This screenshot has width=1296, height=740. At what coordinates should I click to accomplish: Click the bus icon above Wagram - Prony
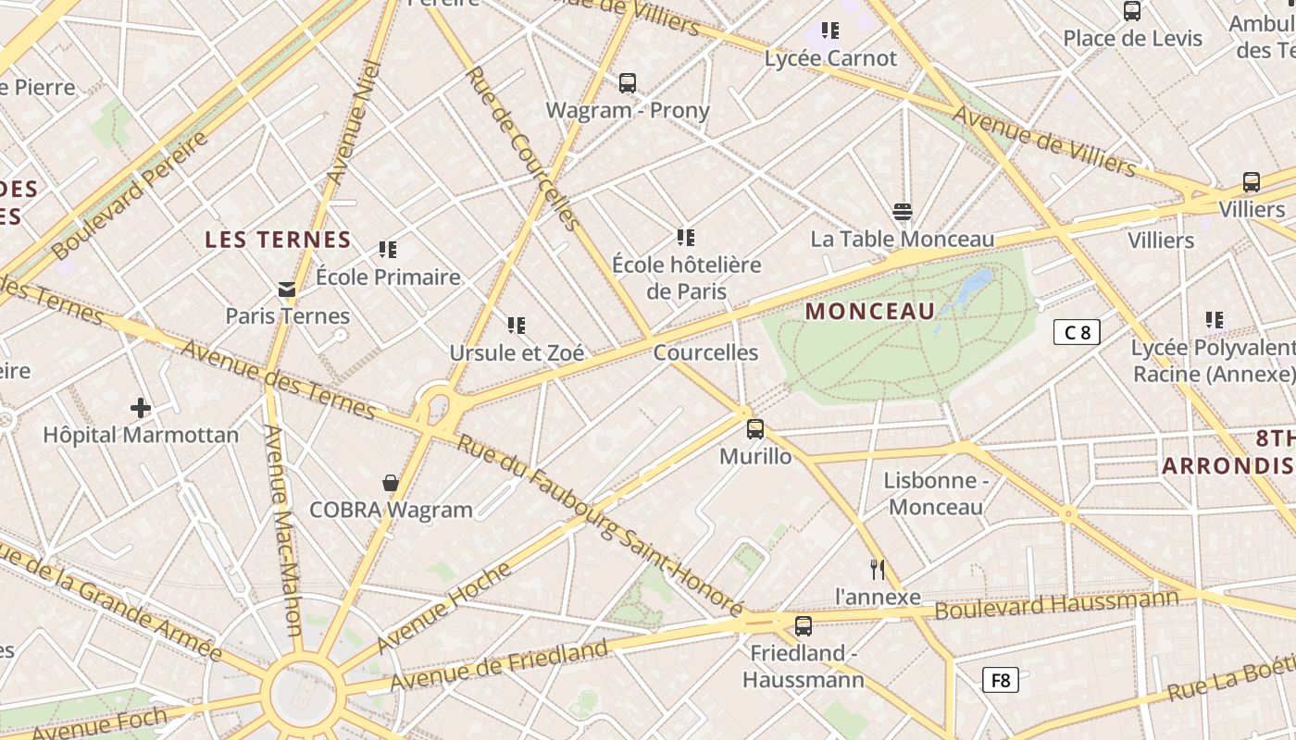[x=628, y=83]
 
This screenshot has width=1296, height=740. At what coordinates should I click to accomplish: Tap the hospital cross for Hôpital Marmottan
[x=141, y=407]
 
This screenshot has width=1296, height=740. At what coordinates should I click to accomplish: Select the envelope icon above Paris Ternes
[x=287, y=290]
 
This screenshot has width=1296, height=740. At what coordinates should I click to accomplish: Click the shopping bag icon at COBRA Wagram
[x=391, y=483]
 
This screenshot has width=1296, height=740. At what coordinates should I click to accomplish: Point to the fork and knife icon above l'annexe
[x=878, y=570]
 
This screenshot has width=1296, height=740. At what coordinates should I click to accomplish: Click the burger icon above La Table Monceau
[x=903, y=212]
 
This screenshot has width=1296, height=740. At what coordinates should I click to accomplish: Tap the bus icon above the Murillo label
[x=755, y=429]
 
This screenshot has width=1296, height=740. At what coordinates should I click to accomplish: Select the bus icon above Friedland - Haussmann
[x=804, y=626]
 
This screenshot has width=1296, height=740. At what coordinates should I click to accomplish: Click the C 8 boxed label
[x=1077, y=332]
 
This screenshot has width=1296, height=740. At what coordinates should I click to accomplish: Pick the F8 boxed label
[x=1001, y=681]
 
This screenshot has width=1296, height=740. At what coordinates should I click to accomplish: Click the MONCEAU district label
[x=870, y=312]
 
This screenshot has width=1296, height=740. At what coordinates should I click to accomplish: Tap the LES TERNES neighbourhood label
[x=278, y=240]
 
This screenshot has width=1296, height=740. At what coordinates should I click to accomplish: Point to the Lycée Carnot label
[x=830, y=58]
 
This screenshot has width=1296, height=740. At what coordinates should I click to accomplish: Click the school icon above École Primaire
[x=388, y=250]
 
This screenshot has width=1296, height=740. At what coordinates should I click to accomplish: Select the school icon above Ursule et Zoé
[x=517, y=326]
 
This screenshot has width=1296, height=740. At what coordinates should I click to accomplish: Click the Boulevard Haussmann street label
[x=1056, y=604]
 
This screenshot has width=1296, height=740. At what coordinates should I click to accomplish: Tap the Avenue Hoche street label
[x=444, y=606]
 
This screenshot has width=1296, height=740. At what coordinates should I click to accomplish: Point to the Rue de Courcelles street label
[x=522, y=148]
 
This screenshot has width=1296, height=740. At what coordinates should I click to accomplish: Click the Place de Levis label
[x=1132, y=38]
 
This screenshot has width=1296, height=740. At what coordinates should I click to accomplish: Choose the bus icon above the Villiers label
[x=1252, y=182]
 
